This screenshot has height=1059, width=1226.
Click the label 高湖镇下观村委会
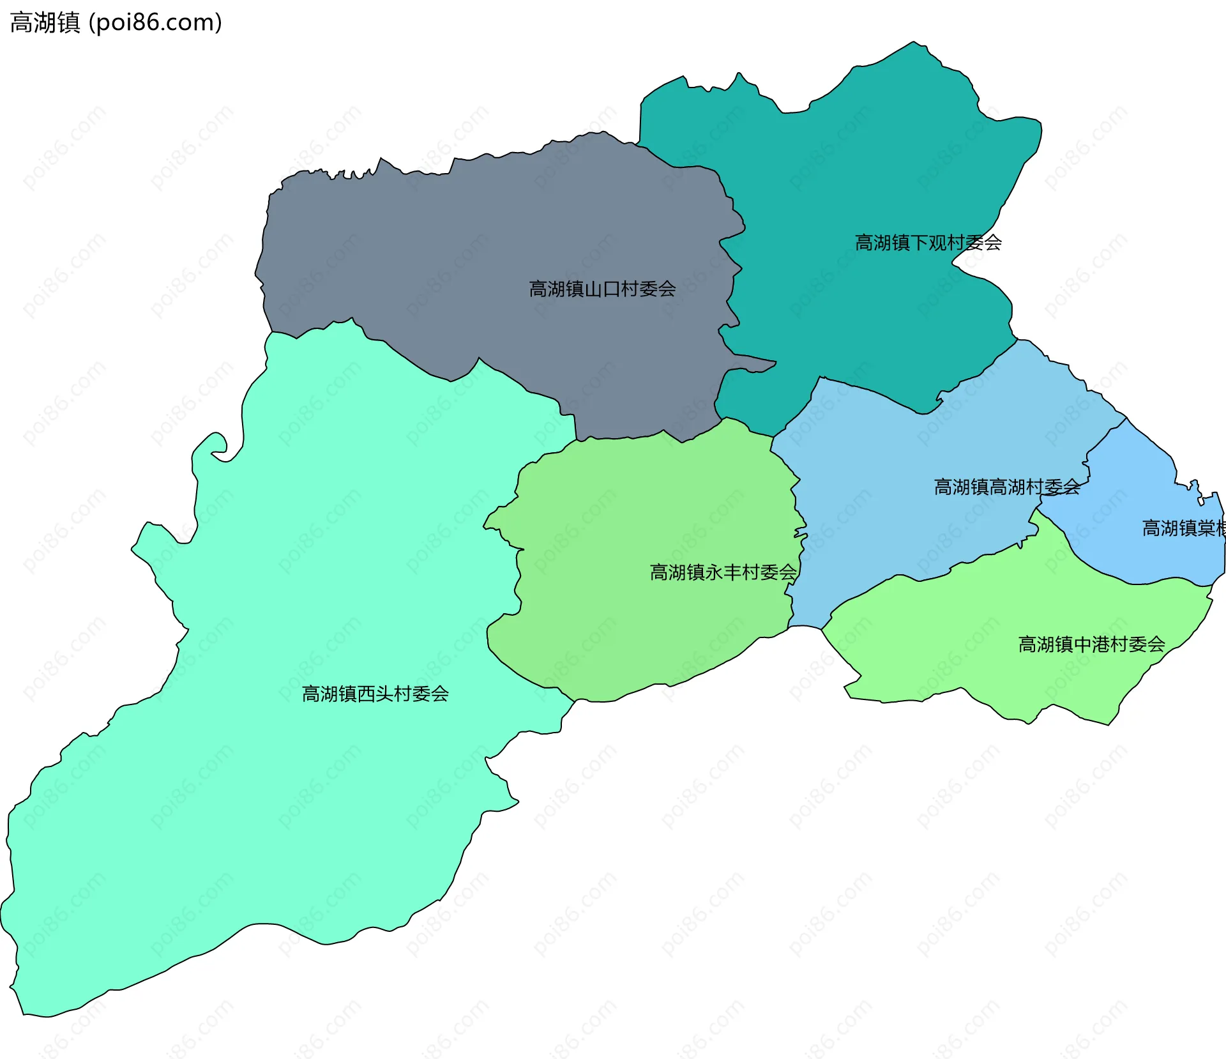click(928, 243)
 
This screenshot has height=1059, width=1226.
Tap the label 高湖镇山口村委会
click(602, 289)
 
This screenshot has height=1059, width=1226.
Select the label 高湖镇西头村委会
click(375, 694)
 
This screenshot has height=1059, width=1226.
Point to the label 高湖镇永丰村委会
click(723, 572)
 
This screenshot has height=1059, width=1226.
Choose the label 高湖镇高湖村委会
click(1007, 487)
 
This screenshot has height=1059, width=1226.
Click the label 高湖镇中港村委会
click(1091, 644)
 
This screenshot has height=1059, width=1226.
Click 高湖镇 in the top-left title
click(45, 22)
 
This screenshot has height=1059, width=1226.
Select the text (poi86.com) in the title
click(156, 22)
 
